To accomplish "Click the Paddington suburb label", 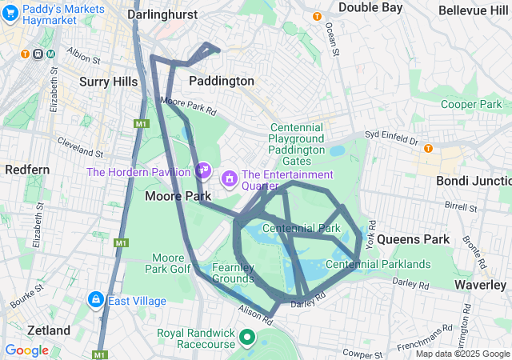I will point(222,81).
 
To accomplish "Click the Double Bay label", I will point(370,7).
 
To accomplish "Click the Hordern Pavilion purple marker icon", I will point(203,170).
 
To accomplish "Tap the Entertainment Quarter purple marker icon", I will point(230,176).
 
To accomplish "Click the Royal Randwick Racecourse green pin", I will point(246,338).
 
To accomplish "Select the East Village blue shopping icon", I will point(95,300).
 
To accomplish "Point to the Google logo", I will point(26,350).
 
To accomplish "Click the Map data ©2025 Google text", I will point(462,354).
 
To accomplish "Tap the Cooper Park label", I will point(470,104).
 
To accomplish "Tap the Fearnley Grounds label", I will point(233,273).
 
